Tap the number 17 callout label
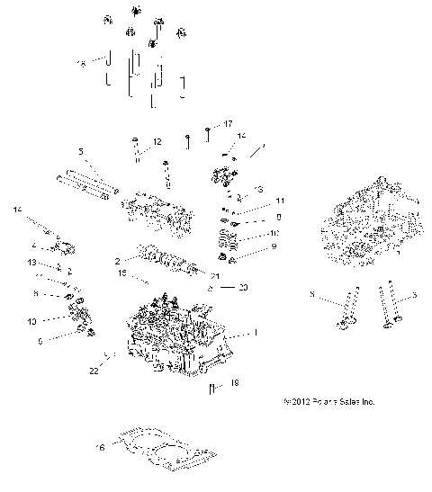[228, 123]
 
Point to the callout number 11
[255, 200]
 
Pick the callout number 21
[215, 275]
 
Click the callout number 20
[242, 288]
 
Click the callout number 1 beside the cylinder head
[255, 333]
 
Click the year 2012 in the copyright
[298, 402]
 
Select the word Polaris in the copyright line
[327, 402]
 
